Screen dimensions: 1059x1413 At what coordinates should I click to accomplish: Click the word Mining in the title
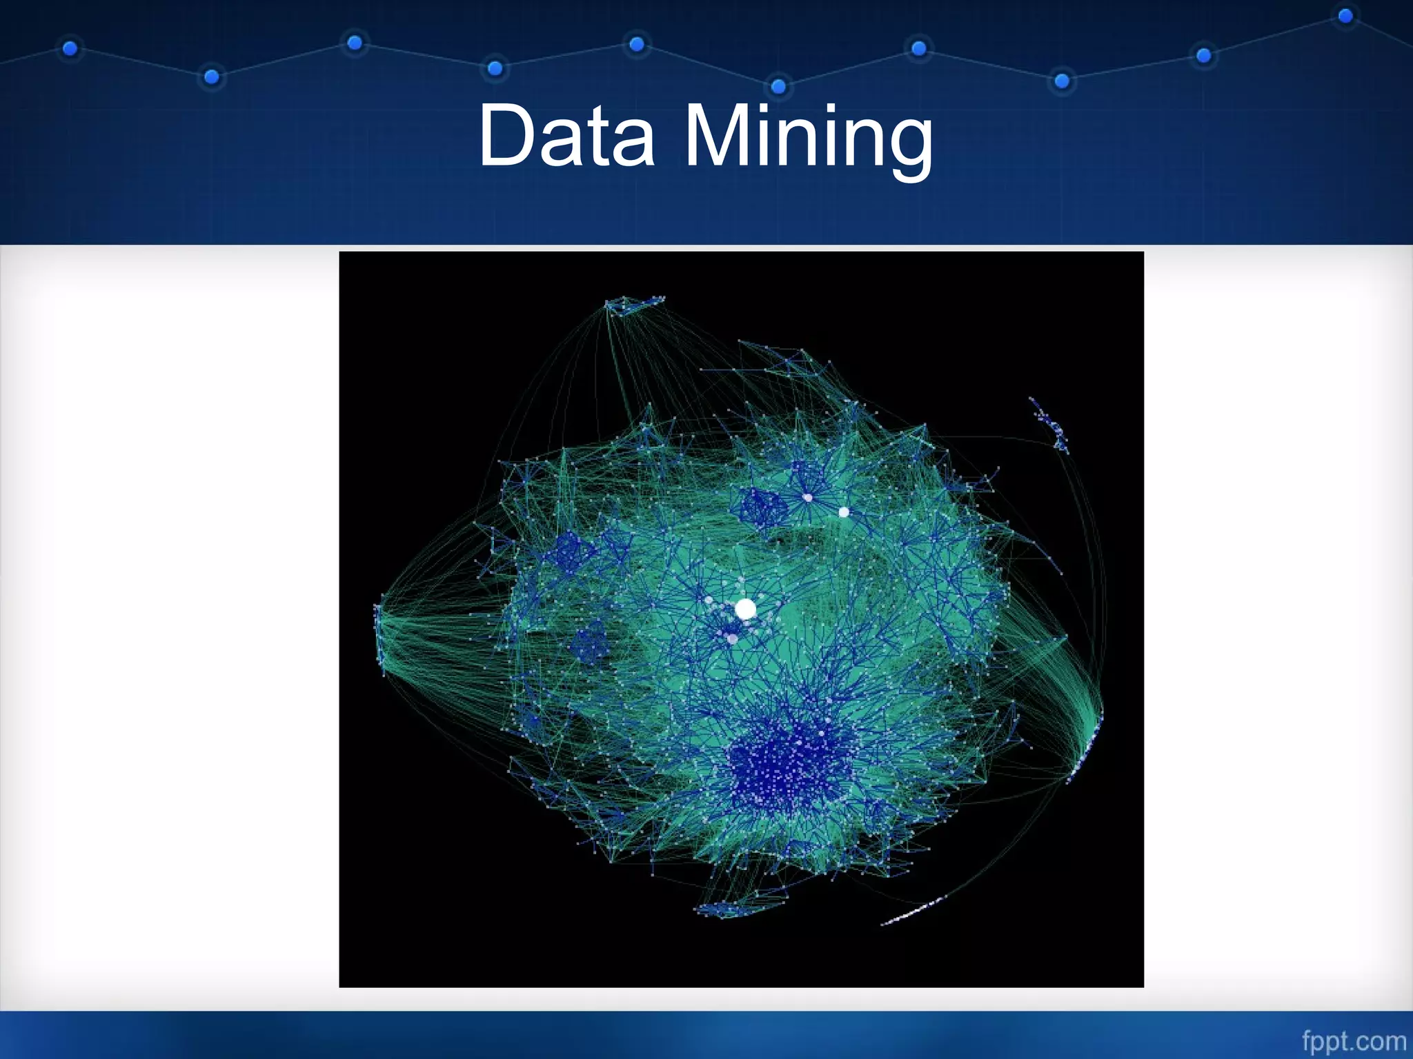pos(808,138)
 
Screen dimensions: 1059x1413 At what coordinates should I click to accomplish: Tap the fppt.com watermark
pos(1354,1041)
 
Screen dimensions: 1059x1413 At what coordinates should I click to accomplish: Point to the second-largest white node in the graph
pos(844,512)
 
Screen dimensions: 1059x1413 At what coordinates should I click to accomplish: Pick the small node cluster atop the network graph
pos(633,304)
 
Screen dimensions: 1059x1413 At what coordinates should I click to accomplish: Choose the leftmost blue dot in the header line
pos(70,48)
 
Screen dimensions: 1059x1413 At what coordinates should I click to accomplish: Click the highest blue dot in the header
pos(1345,16)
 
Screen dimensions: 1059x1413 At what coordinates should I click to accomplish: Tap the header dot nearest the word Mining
pos(778,86)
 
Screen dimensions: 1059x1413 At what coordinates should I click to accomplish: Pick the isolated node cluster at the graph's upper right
pos(1051,424)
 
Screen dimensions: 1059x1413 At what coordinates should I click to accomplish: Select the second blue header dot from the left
pos(212,77)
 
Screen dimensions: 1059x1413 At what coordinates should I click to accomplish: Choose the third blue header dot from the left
pos(355,43)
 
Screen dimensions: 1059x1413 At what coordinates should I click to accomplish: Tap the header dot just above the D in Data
pos(495,68)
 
